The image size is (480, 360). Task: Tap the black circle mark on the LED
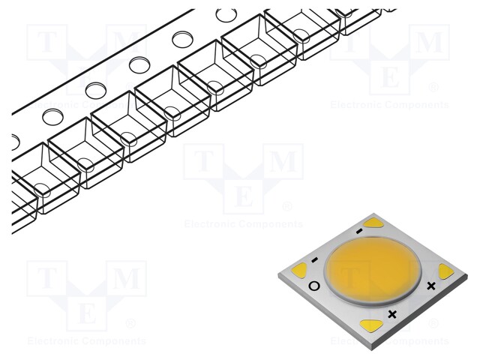313,286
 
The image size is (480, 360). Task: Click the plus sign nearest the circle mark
391,313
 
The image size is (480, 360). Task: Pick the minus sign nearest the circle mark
314,261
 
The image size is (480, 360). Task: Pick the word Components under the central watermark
272,224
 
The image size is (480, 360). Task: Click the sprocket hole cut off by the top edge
225,13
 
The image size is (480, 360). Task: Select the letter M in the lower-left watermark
126,279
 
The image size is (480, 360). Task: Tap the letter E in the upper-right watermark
390,77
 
